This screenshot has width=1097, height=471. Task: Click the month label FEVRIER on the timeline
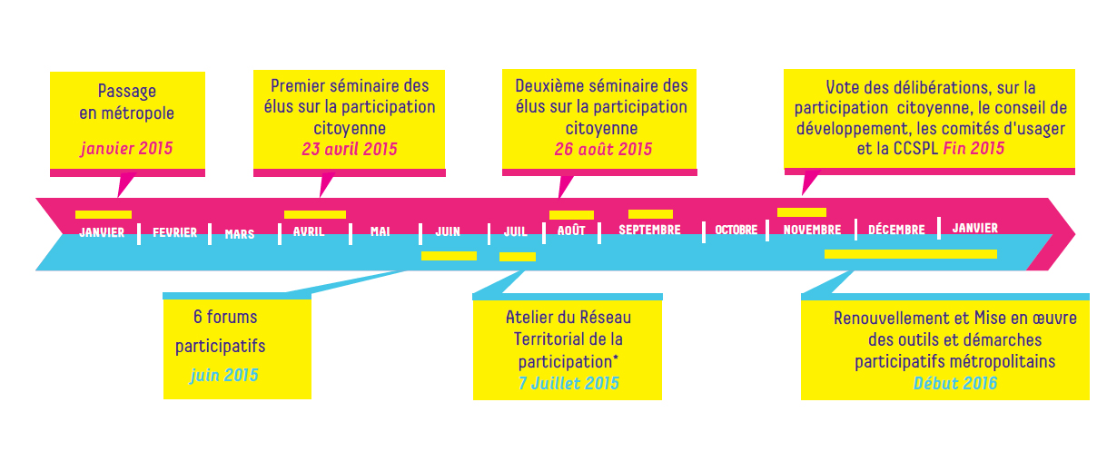coord(174,233)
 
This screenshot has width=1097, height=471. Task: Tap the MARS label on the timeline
coord(240,234)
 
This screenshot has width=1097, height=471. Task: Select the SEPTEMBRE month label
coord(649,231)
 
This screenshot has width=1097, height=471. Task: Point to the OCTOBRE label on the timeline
coord(736,231)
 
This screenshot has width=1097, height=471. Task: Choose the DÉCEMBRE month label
coord(896,231)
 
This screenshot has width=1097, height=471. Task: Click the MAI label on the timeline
coord(380,232)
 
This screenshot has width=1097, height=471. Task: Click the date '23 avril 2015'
coord(350,149)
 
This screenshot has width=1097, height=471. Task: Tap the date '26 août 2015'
coord(603,149)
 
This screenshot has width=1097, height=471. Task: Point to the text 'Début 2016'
coord(954,383)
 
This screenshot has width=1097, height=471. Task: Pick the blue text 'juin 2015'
coord(224,375)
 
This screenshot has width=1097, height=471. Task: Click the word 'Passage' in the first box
coord(127,92)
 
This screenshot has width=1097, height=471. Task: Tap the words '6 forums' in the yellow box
coord(225,318)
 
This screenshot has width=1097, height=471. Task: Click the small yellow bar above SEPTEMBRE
coord(650,214)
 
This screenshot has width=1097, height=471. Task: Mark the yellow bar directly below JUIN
coord(449,256)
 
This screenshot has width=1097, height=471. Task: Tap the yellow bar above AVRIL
coord(315,215)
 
